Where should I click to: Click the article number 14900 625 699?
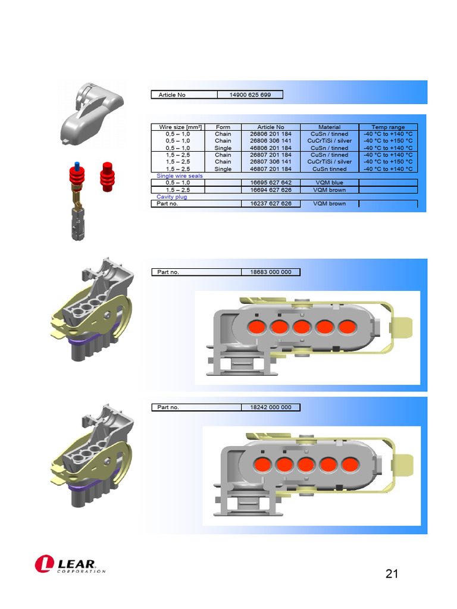[250, 95]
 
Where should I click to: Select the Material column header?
[329, 127]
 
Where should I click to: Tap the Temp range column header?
[388, 127]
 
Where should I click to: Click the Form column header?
[223, 127]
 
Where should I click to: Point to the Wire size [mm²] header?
[177, 127]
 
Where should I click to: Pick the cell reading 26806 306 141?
[271, 141]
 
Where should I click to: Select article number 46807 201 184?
[271, 169]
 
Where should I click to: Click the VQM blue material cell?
[329, 183]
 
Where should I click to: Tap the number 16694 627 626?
[271, 190]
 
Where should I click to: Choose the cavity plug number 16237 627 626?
[271, 203]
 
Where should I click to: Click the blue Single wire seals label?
[180, 176]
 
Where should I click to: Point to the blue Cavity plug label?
[172, 196]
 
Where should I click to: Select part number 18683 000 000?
[271, 272]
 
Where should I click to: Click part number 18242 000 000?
[271, 407]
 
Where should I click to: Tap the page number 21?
[392, 574]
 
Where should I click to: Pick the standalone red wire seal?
[108, 177]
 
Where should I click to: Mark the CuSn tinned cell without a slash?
[329, 169]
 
